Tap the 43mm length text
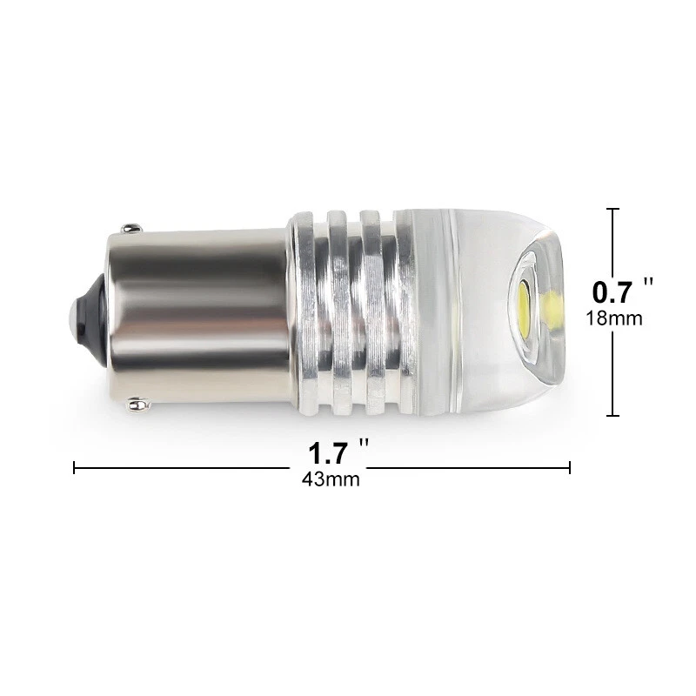coord(331,479)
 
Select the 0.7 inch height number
coord(612,292)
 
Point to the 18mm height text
coord(614,318)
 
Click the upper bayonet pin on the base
coord(131,228)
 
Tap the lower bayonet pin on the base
coord(138,404)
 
